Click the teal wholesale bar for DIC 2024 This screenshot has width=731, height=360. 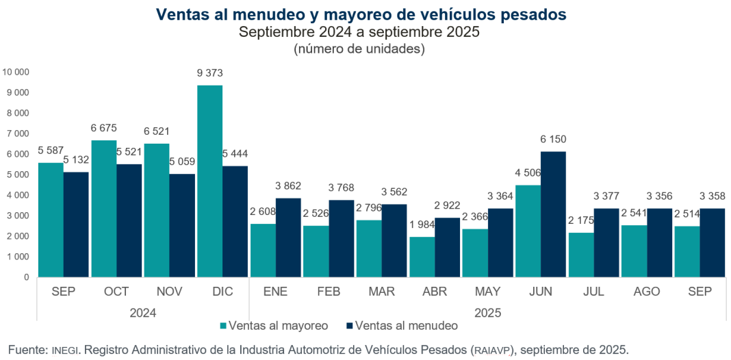click(x=209, y=181)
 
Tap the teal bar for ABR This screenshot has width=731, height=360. click(x=422, y=257)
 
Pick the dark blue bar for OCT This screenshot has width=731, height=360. click(x=129, y=220)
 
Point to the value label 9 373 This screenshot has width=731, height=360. click(x=210, y=73)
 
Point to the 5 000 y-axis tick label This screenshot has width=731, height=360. click(x=18, y=175)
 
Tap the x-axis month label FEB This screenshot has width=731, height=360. click(x=329, y=292)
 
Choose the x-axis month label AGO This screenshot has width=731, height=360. click(x=646, y=292)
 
